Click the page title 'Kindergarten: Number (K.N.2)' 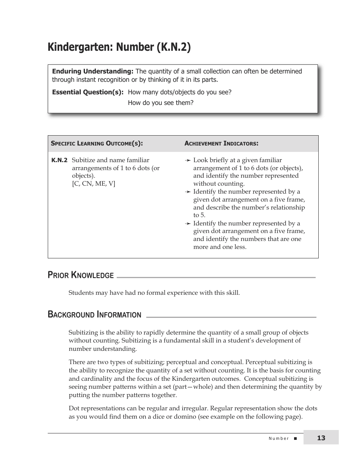coord(119,47)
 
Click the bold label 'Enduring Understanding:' coord(92,71)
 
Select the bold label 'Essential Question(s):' coord(88,92)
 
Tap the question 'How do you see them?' coord(160,103)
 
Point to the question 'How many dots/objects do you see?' coord(179,92)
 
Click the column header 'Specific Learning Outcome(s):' coord(97,144)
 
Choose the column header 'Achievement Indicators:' coord(221,144)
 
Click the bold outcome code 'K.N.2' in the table coord(59,160)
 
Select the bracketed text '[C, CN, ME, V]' coord(93,184)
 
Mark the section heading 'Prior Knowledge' coord(81,275)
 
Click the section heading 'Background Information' coord(94,315)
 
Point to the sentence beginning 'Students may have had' coord(154,292)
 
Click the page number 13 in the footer coord(321,438)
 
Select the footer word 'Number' coord(279,438)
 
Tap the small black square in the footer coord(296,438)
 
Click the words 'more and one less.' coord(220,247)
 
